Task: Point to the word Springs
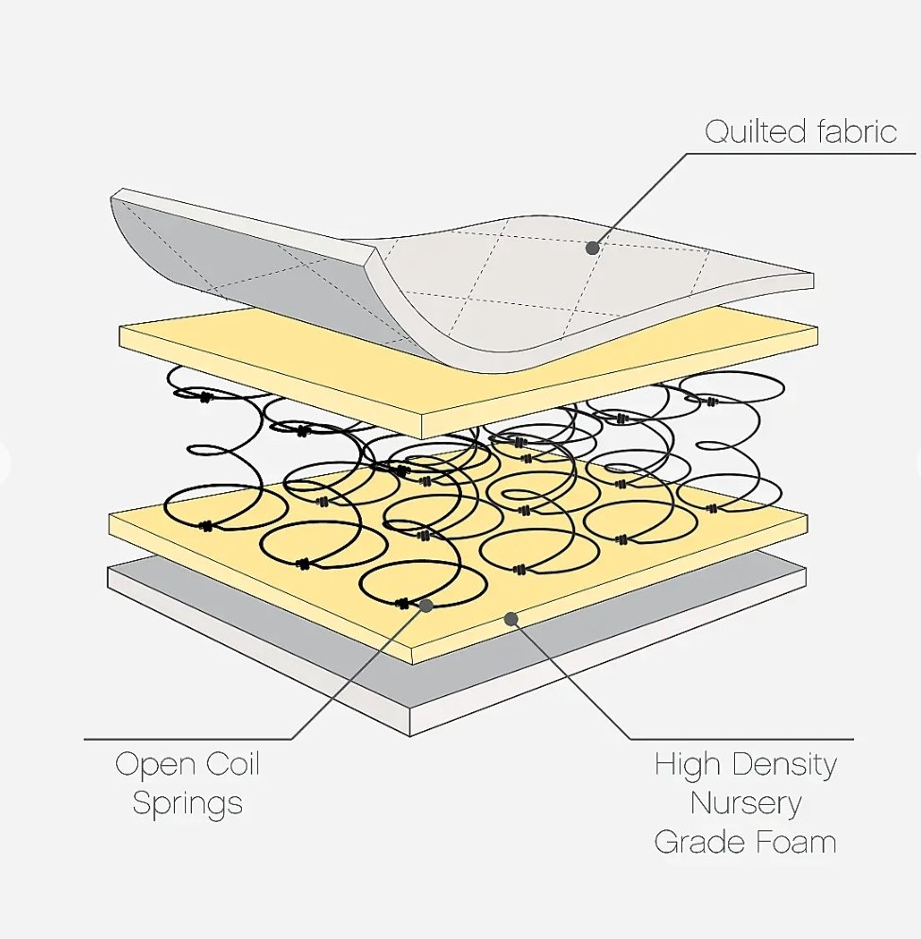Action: pos(187,804)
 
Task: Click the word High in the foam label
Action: pos(689,763)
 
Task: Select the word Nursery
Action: pos(746,803)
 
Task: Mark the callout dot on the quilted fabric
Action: pos(592,248)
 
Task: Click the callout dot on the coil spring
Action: pos(426,605)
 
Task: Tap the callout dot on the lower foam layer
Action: pos(511,619)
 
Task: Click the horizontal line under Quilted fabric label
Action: pos(812,153)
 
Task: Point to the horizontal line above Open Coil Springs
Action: pos(189,739)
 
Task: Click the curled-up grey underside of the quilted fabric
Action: pos(236,255)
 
